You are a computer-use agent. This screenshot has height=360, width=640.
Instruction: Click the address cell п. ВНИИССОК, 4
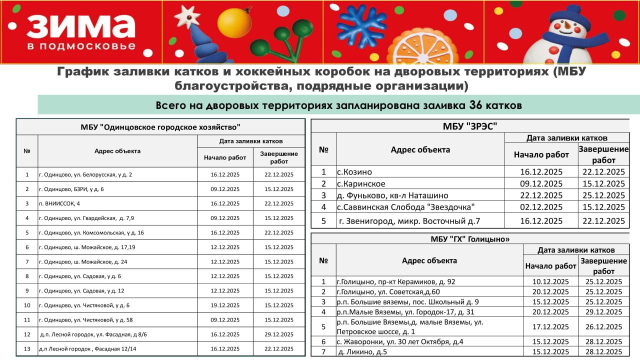(59, 203)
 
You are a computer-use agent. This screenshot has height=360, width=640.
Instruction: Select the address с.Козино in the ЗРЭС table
(354, 171)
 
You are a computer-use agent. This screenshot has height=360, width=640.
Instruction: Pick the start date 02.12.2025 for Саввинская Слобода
(541, 207)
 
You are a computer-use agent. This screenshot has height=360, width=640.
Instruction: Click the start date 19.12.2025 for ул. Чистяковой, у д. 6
(225, 305)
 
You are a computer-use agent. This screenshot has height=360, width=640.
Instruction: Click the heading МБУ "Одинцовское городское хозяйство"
(160, 127)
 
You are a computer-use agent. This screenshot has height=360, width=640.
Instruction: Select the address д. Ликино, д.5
(362, 351)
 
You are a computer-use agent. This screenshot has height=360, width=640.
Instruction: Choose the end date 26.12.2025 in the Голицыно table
(603, 326)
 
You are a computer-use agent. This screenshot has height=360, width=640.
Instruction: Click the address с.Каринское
(361, 183)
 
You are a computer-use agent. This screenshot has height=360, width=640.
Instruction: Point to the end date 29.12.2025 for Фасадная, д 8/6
(278, 334)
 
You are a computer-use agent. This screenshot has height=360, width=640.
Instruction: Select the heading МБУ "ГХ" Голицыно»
(470, 239)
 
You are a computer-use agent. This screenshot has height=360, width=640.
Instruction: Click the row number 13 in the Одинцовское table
(27, 348)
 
